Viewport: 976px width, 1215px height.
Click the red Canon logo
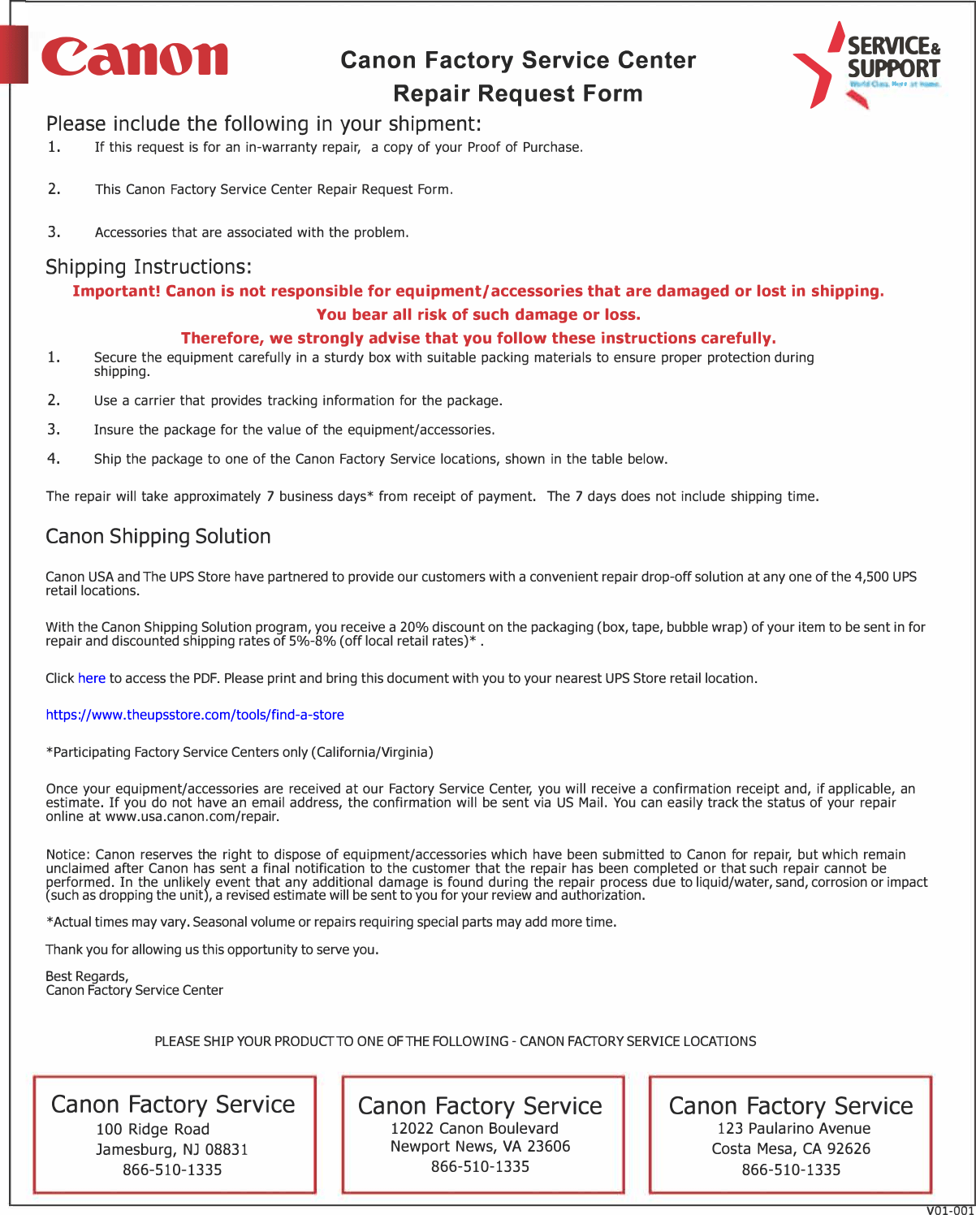135,57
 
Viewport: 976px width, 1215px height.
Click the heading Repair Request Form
517,93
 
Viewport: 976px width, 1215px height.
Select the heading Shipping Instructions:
149,267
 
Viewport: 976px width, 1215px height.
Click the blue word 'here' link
92,678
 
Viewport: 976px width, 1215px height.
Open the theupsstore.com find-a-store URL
195,715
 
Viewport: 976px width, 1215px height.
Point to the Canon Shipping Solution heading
158,537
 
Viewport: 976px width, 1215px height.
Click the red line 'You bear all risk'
478,314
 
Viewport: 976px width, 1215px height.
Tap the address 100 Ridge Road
153,1129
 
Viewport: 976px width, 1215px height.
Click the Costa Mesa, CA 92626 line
791,1148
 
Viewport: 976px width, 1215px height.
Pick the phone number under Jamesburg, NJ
172,1170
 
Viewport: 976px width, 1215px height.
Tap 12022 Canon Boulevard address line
474,1128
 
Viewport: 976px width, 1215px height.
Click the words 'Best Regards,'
87,976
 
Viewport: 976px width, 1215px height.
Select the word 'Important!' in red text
116,292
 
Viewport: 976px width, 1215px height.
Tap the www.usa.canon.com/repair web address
192,816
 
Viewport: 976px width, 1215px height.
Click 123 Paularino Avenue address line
793,1128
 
